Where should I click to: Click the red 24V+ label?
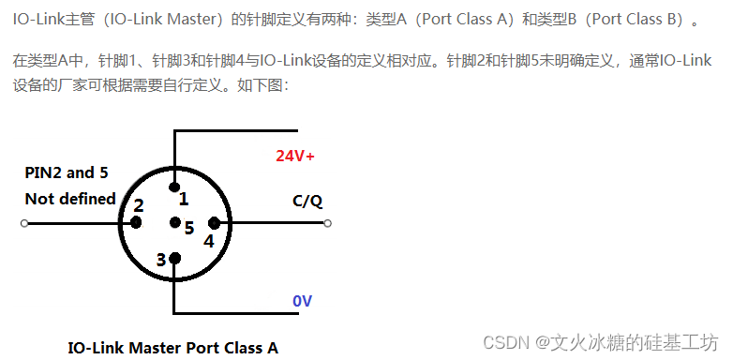tap(294, 156)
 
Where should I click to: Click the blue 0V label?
tap(302, 301)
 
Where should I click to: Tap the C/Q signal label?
tap(307, 201)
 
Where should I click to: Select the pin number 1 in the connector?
tap(184, 199)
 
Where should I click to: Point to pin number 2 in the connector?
tap(139, 205)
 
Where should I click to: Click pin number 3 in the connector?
tap(161, 260)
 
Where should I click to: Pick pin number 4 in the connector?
tap(208, 240)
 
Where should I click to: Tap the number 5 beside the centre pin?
tap(189, 227)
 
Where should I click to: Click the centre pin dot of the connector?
tap(174, 223)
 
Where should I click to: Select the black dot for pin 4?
tap(214, 223)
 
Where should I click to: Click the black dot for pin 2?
tap(136, 223)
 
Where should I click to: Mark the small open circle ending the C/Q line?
tap(327, 223)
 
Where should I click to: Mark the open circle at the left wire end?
tap(24, 223)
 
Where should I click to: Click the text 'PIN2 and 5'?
tap(60, 172)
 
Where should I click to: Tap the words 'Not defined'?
tap(70, 199)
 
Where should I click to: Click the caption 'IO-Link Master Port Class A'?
tap(173, 347)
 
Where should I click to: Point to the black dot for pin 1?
tap(174, 187)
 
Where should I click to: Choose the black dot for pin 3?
tap(174, 258)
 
